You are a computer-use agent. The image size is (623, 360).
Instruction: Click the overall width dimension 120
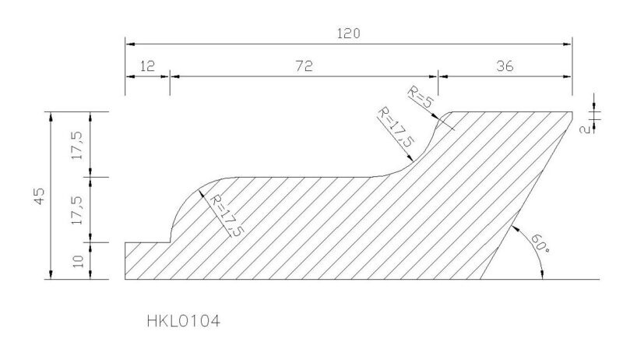tap(348, 34)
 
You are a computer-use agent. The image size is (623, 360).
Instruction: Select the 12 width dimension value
tap(147, 65)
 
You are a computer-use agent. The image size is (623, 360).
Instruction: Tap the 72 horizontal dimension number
tap(304, 65)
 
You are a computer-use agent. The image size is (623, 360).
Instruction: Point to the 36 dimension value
tap(505, 65)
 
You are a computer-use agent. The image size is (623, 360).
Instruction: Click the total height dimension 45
tap(40, 196)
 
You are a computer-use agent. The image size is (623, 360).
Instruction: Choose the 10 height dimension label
tap(79, 261)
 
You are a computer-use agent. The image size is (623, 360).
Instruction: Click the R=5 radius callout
tap(420, 97)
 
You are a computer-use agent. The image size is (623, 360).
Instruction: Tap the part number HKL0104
tap(183, 321)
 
